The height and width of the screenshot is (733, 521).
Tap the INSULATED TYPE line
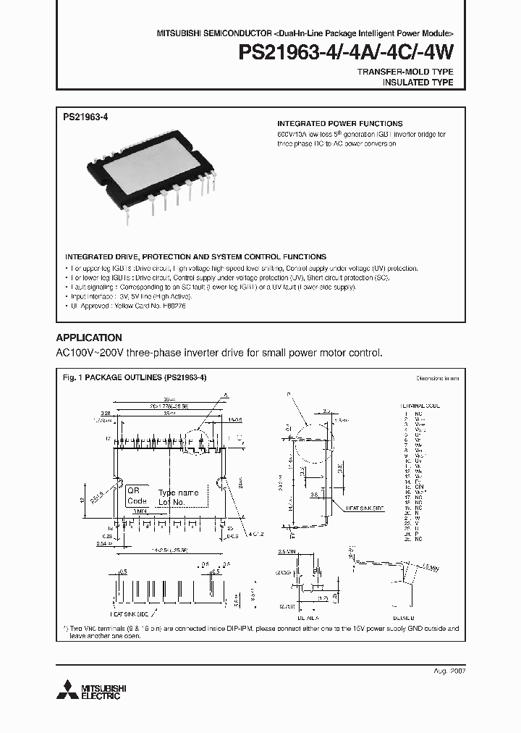coord(418,83)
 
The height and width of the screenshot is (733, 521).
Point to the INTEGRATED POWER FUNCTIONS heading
coord(340,124)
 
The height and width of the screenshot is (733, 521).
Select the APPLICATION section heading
coord(89,338)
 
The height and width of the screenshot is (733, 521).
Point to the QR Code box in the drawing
coord(137,495)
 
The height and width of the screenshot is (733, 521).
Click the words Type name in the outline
coord(177,493)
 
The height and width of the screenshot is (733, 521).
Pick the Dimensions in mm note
coord(437,379)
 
